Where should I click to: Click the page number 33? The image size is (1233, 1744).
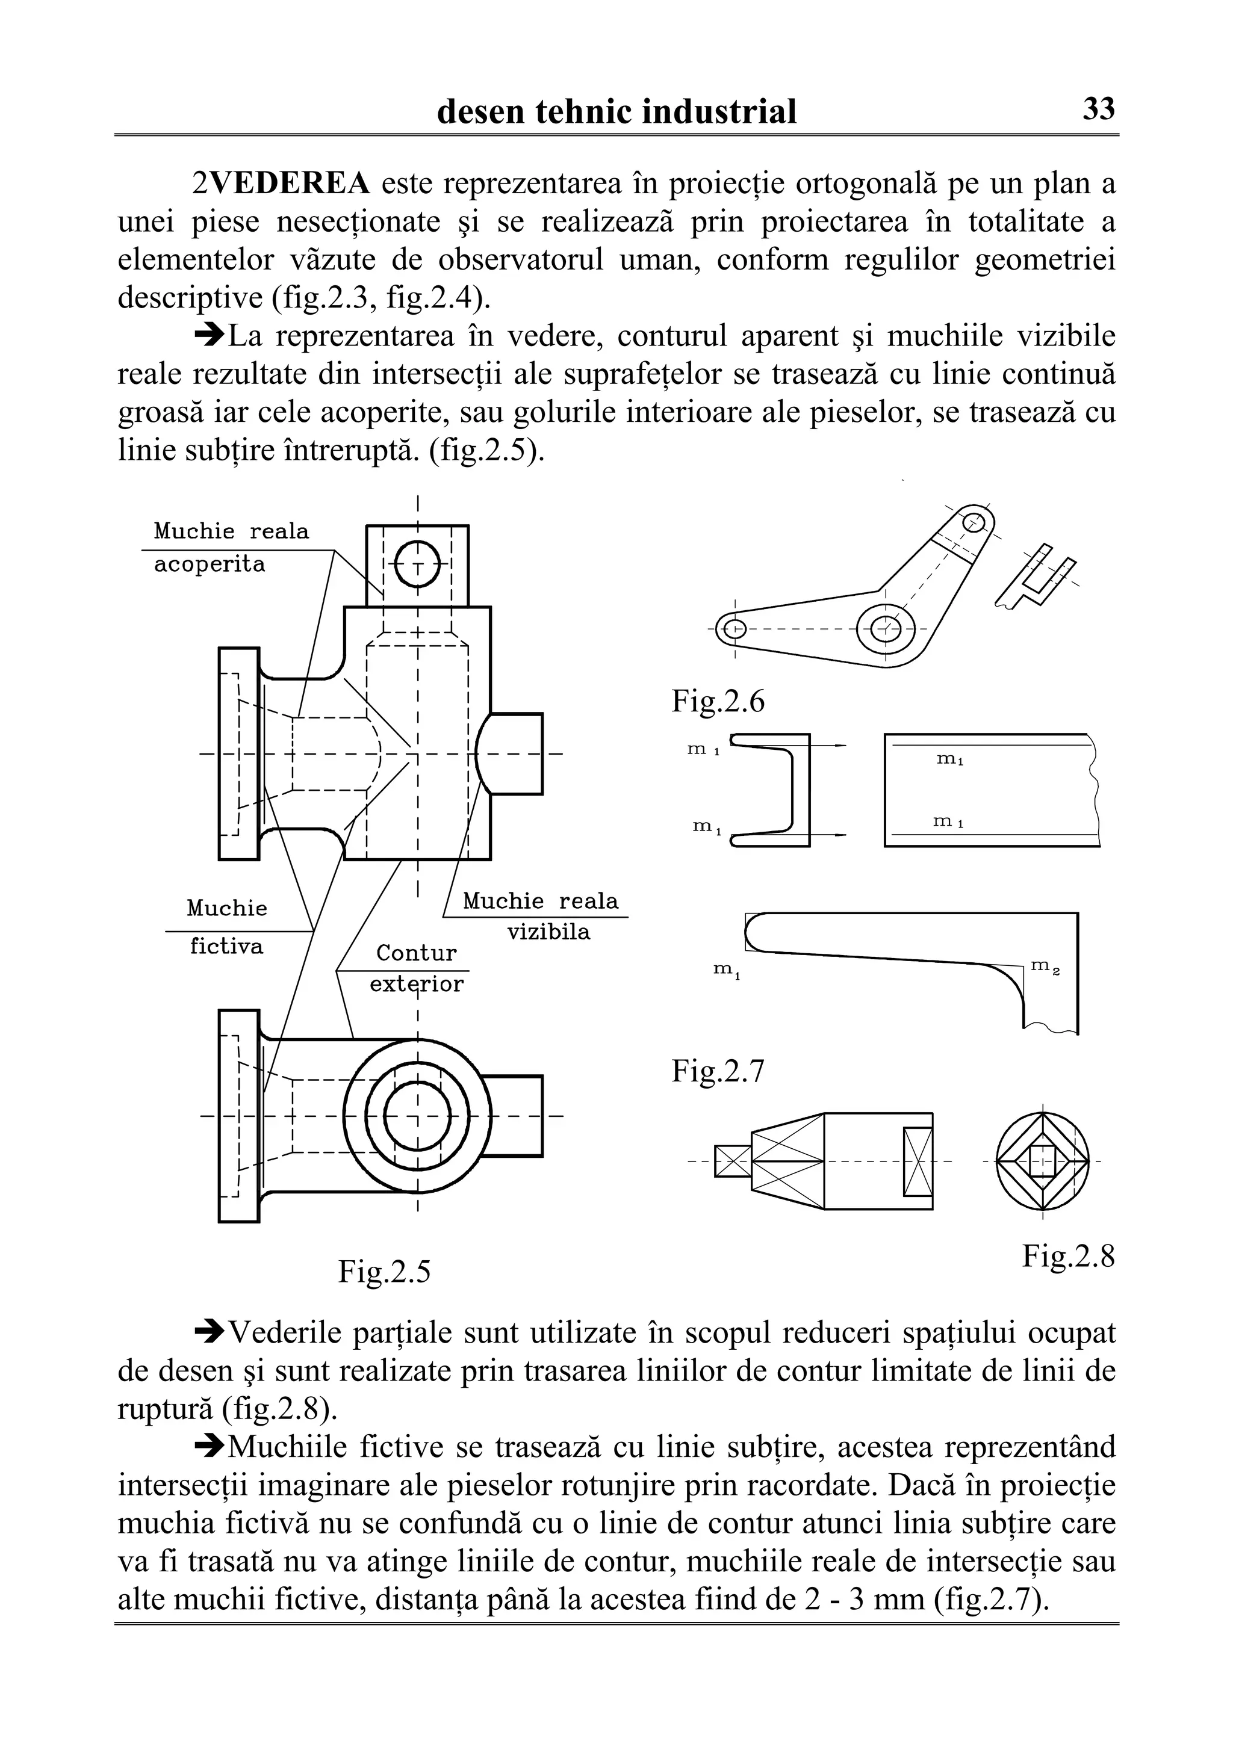[1099, 110]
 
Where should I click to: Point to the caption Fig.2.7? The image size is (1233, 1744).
[718, 1071]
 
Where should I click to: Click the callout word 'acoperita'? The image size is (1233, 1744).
[210, 564]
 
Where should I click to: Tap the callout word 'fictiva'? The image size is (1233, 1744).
[226, 947]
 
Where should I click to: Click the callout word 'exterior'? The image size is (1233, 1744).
[416, 985]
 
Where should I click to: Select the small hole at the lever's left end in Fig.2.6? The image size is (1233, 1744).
[735, 629]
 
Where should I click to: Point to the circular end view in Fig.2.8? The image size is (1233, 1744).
[1042, 1161]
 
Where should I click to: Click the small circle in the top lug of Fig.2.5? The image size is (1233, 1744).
[417, 564]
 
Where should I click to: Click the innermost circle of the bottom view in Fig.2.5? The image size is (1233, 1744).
[417, 1116]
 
